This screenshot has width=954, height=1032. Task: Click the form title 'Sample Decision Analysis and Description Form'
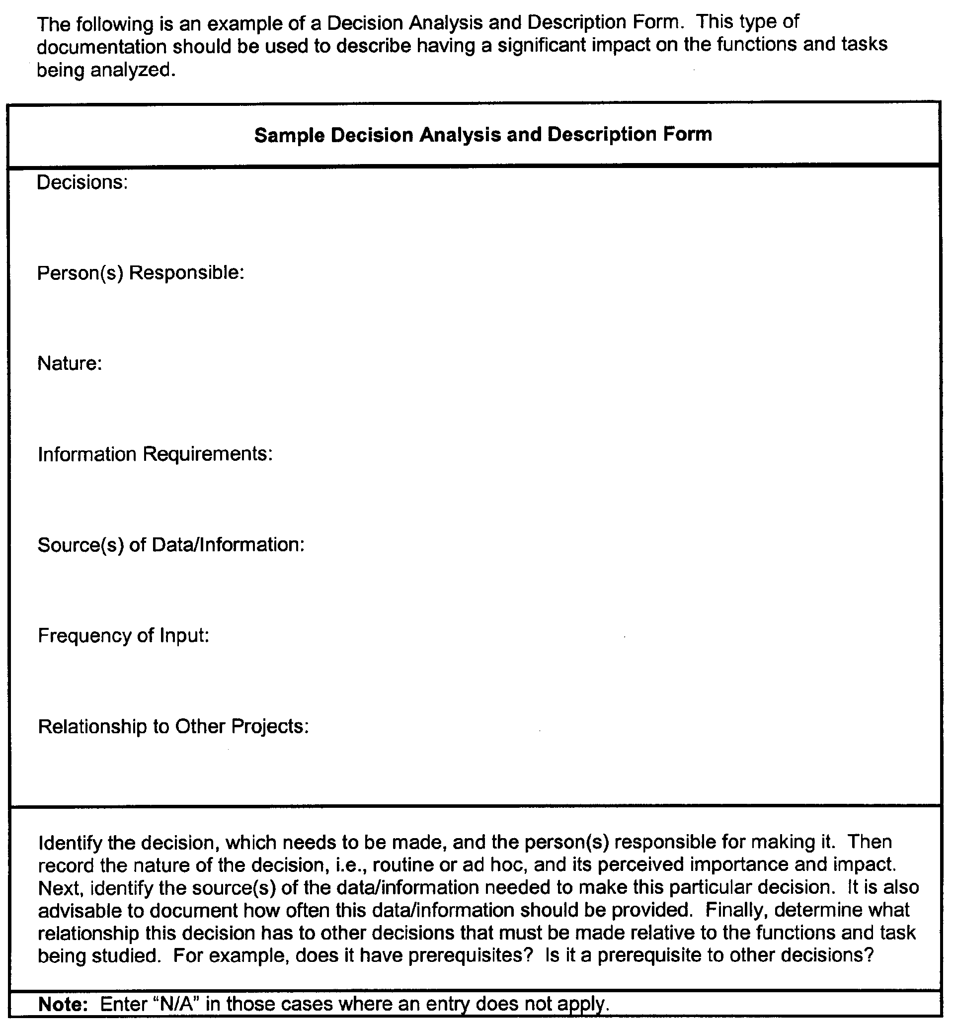[482, 135]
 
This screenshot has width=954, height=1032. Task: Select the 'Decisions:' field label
[82, 182]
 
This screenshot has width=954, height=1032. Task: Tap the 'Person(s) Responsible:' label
[141, 273]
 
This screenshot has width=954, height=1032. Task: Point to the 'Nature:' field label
[70, 363]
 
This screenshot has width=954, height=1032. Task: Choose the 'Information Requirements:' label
[155, 454]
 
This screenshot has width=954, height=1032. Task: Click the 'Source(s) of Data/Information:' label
[171, 545]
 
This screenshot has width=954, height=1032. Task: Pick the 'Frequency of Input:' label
[123, 635]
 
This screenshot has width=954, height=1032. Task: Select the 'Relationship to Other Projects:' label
[173, 726]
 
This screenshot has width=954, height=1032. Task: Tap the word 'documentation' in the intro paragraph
[102, 47]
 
